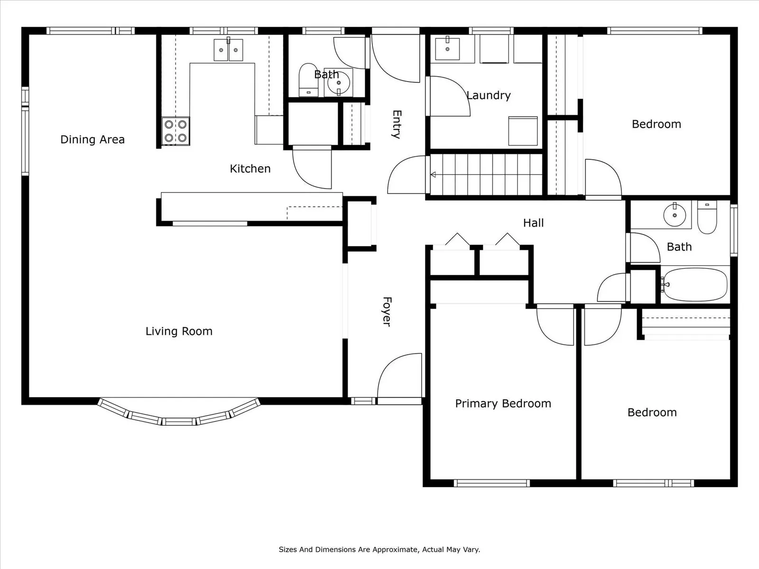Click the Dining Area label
coord(93,139)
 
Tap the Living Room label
coord(179,331)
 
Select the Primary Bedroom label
coord(503,404)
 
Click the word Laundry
coord(488,95)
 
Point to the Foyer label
coord(387,311)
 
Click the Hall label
coord(533,223)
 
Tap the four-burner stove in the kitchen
coord(176,131)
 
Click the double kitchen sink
coord(228,50)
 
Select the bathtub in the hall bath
coord(695,284)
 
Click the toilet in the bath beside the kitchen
coord(308,80)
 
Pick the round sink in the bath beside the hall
coord(675,215)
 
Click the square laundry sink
coord(447,49)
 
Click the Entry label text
coord(397,124)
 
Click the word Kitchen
coord(250,169)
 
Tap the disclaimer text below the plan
coord(379,549)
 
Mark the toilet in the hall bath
coord(707,217)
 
